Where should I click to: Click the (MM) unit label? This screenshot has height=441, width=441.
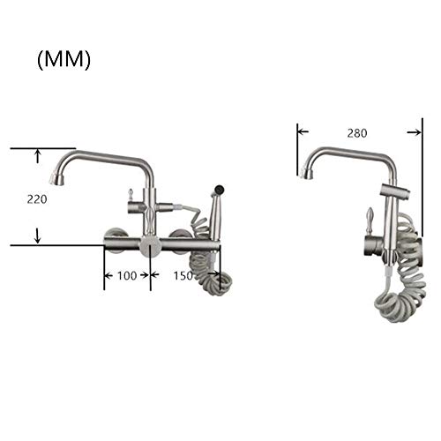click(x=64, y=60)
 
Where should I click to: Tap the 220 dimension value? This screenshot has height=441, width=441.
click(x=37, y=199)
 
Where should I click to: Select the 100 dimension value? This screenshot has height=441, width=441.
click(x=127, y=276)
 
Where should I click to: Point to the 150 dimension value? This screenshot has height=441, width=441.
click(x=183, y=276)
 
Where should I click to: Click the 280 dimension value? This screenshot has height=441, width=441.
click(x=357, y=133)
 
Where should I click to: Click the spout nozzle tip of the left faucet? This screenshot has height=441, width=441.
click(x=56, y=179)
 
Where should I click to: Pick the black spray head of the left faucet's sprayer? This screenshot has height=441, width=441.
click(x=220, y=188)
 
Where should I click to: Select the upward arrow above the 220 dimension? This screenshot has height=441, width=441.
click(x=37, y=156)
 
